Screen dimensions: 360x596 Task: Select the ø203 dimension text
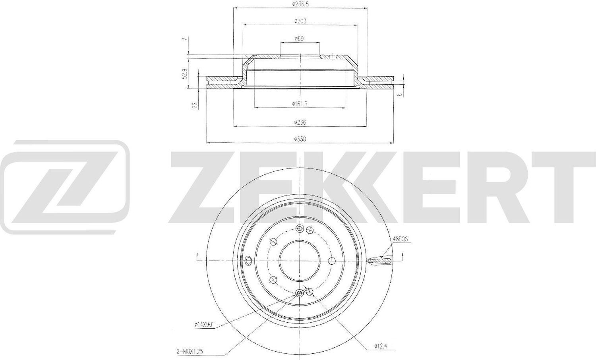pos(300,21)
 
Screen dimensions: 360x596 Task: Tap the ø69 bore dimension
pos(300,39)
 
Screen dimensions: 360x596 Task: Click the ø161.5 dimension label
pos(300,104)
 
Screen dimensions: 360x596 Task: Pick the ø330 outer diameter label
pos(300,139)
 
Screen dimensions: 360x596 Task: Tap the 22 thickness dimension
pos(195,105)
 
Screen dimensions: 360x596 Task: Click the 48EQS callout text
pos(401,240)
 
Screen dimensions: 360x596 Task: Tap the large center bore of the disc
pos(300,261)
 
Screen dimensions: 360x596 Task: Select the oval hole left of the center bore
pos(248,261)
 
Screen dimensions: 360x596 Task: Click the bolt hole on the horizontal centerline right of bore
pos(331,261)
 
